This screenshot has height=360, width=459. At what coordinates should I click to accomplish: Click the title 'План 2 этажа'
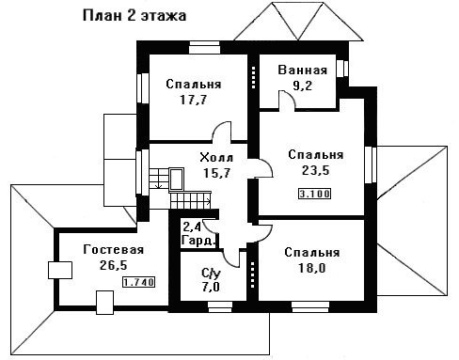(135, 16)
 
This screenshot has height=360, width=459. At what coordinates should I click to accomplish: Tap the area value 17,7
(194, 100)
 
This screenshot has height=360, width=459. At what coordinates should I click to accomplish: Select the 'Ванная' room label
(303, 70)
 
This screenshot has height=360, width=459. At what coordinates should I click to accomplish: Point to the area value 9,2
(303, 86)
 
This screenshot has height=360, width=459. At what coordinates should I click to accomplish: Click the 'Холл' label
(216, 158)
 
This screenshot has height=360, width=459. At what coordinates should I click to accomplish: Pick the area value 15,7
(217, 173)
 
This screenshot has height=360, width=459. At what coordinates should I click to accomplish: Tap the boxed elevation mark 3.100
(314, 194)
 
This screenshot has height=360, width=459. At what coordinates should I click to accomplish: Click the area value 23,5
(316, 170)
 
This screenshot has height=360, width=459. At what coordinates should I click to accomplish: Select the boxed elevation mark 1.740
(138, 282)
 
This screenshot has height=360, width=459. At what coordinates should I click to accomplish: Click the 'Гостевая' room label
(114, 250)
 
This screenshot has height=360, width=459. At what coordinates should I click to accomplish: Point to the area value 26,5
(114, 265)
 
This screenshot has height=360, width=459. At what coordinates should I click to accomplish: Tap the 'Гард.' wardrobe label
(199, 242)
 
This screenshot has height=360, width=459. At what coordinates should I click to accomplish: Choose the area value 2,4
(193, 227)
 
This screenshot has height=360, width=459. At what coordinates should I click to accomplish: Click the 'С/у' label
(211, 274)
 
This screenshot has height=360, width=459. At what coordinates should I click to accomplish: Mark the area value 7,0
(211, 287)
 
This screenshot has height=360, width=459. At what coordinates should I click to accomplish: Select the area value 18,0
(312, 268)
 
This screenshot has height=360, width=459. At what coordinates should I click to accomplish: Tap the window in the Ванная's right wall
(342, 69)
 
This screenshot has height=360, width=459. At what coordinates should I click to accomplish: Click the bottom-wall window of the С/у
(220, 307)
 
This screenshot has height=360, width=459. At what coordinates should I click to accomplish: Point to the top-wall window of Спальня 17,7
(204, 48)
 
